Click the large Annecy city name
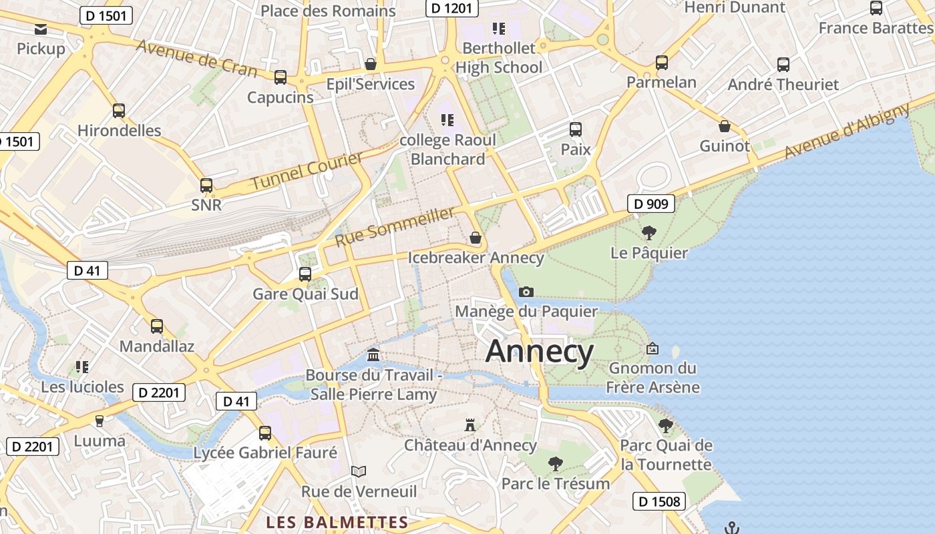[539, 352]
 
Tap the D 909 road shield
[650, 204]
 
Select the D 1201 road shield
[452, 8]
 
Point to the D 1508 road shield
[659, 501]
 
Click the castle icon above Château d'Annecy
[470, 425]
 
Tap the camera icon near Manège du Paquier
[526, 292]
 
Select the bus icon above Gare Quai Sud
[305, 274]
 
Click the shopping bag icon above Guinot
[725, 126]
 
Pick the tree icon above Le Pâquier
[648, 233]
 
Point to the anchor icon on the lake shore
[732, 528]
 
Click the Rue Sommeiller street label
[395, 226]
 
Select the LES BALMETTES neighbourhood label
[337, 522]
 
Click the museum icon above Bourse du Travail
[373, 354]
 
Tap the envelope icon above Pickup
[41, 29]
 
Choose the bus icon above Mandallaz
[157, 326]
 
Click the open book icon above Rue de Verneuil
[359, 471]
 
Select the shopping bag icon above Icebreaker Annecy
[476, 238]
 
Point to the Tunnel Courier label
[307, 170]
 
